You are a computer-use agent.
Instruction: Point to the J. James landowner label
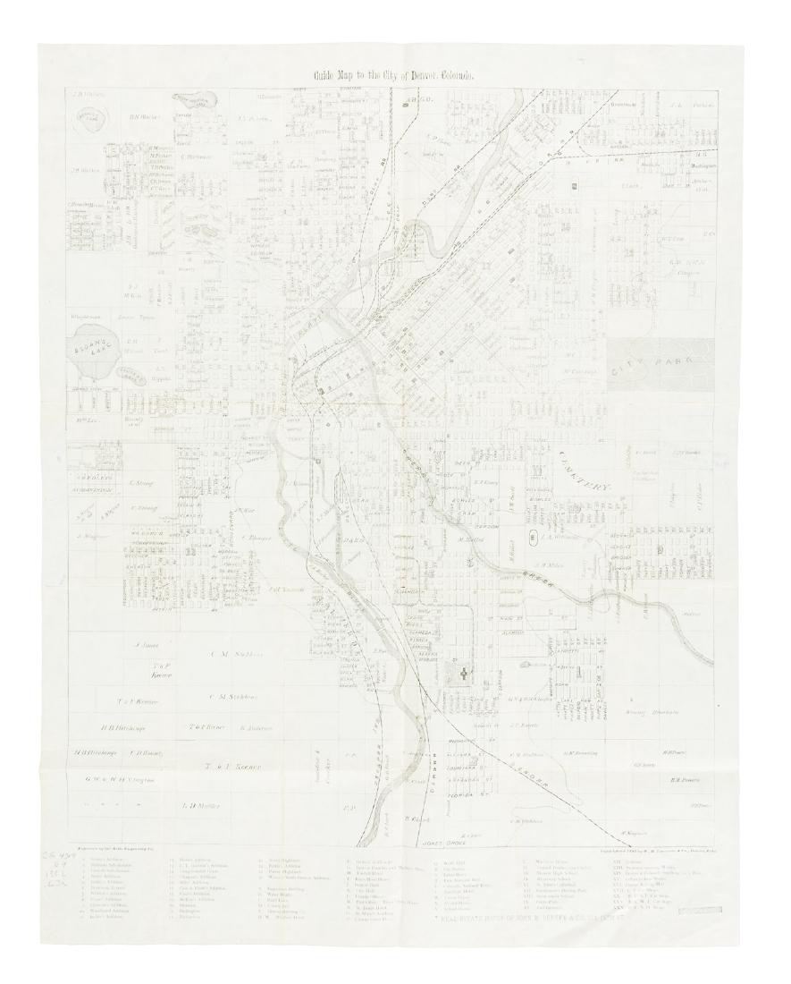tap(146, 643)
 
